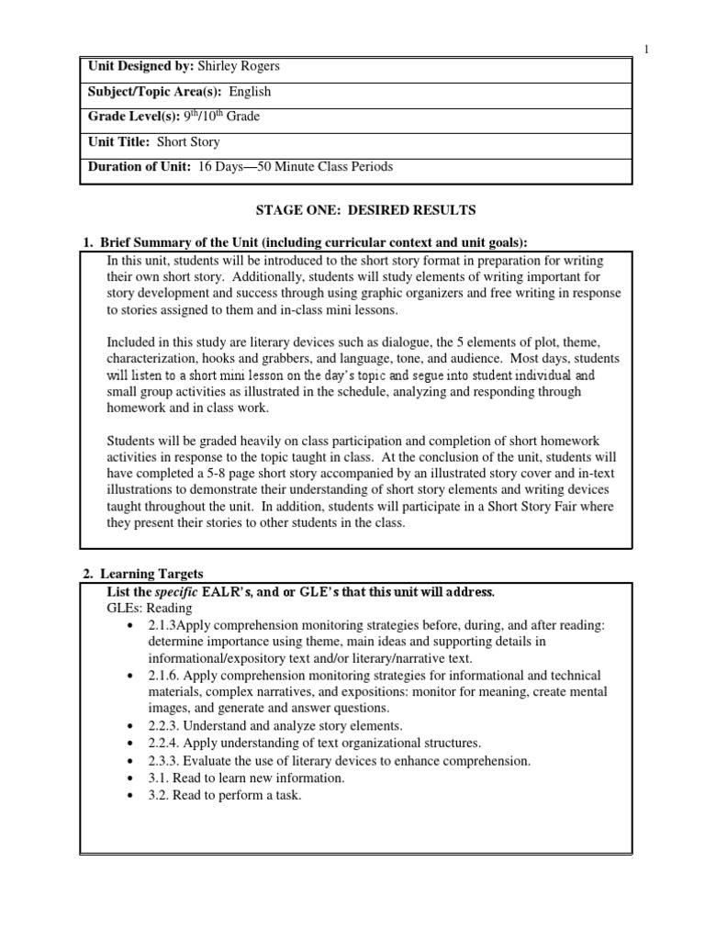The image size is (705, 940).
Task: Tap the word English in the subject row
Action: (x=250, y=92)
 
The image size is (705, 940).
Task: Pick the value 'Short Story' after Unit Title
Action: (x=188, y=141)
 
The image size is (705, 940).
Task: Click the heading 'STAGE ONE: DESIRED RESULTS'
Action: (x=356, y=210)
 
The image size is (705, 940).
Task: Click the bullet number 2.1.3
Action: (x=163, y=624)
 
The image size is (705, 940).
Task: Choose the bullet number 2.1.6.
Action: (x=165, y=675)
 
